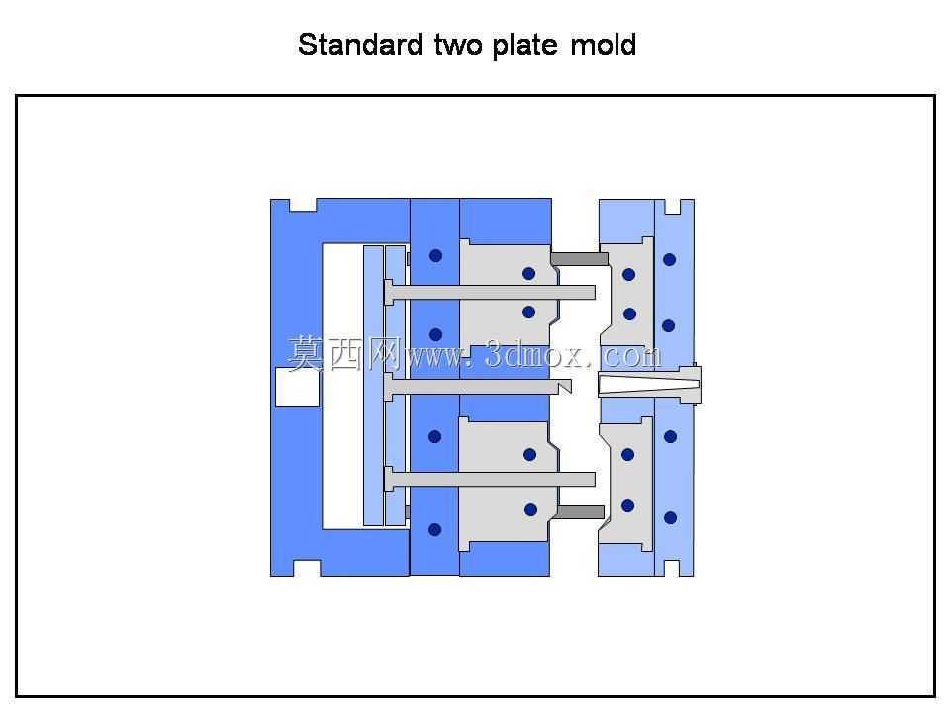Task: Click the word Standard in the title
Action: point(360,44)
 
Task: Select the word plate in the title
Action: point(524,46)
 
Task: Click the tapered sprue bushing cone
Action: point(648,384)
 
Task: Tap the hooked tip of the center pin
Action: point(565,386)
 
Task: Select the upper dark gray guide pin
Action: point(579,258)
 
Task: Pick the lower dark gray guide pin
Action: point(581,512)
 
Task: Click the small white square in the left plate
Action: point(297,388)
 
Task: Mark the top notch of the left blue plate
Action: point(303,206)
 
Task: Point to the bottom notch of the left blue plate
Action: point(307,568)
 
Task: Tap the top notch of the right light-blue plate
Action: point(673,207)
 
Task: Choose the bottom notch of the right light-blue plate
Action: point(672,568)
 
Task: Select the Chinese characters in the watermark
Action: point(343,354)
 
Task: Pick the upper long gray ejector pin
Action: point(490,293)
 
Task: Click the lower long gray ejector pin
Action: point(490,479)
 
